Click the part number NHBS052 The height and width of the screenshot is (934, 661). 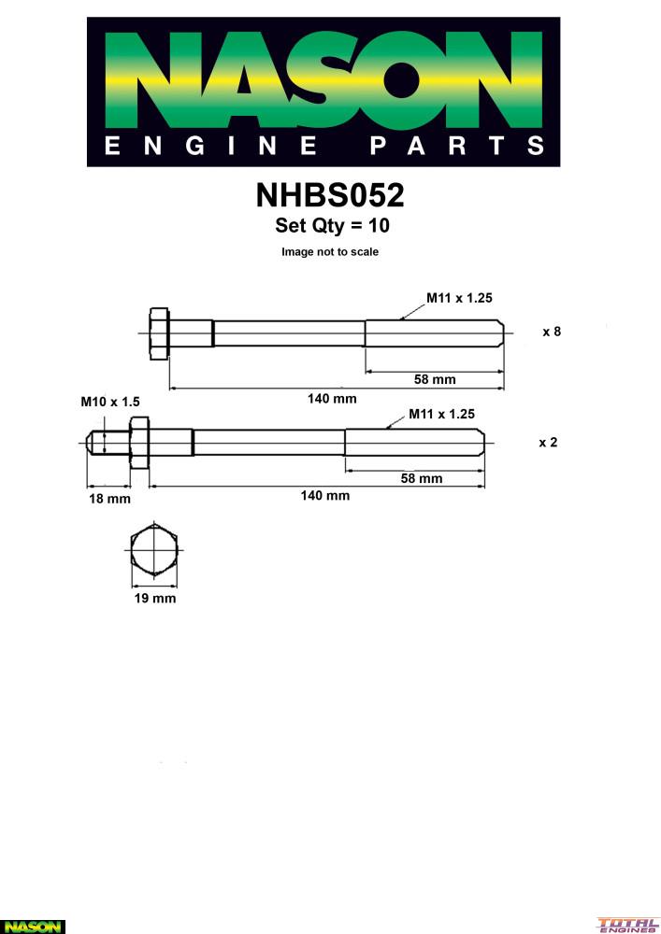pos(330,195)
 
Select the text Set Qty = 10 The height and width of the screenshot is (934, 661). pos(332,225)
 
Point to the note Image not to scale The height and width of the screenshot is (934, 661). pos(330,252)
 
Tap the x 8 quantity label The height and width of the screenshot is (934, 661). pos(552,332)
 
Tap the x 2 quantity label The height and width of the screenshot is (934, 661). pos(548,443)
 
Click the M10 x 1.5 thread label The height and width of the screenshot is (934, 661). pos(110,402)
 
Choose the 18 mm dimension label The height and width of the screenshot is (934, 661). pos(109,499)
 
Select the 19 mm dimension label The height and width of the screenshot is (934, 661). pos(155,598)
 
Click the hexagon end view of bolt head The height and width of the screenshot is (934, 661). pos(154,550)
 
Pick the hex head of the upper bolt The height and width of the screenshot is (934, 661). pos(159,333)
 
